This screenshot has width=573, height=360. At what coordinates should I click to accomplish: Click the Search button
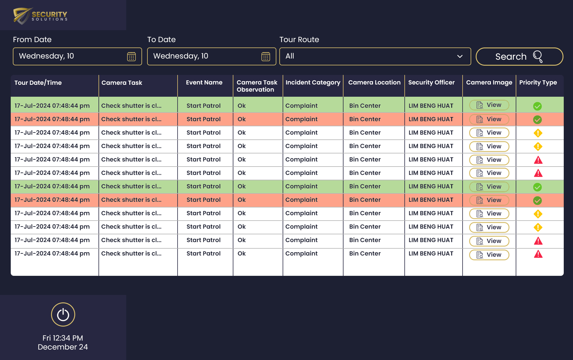click(519, 56)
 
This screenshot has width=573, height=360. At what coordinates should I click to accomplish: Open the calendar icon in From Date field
click(131, 56)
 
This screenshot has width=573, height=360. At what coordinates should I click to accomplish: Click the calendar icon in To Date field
click(266, 56)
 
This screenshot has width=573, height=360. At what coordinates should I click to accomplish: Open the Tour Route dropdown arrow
click(460, 56)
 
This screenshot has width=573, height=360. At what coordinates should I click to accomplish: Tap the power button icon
click(63, 315)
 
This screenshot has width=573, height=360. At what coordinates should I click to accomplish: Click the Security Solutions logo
click(40, 16)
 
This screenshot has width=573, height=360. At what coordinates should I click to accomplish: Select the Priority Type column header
click(538, 83)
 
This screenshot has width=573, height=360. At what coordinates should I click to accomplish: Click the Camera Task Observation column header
click(257, 86)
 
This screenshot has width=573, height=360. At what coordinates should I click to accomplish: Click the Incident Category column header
click(313, 83)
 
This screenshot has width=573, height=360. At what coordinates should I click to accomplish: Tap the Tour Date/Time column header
click(38, 83)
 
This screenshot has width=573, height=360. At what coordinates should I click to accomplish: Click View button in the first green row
click(489, 105)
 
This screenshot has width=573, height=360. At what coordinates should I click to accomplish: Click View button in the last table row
click(489, 255)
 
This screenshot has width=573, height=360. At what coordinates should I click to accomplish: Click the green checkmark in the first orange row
click(537, 120)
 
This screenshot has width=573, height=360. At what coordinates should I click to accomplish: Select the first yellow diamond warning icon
click(538, 133)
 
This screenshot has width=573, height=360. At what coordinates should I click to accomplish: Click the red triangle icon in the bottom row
click(538, 254)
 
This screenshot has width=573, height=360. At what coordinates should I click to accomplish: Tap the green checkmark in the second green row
click(537, 187)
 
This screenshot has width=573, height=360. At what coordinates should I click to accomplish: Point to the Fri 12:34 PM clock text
click(63, 338)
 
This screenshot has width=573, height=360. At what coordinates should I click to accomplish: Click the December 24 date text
click(63, 347)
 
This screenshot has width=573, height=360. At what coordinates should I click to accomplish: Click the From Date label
click(32, 40)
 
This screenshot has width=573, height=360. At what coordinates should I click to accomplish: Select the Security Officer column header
click(431, 83)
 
